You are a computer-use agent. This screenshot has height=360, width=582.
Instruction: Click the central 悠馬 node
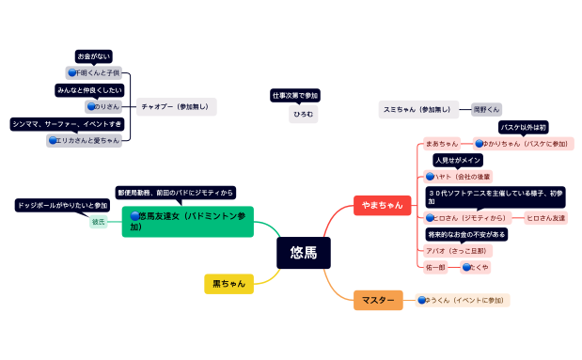pyautogui.click(x=304, y=252)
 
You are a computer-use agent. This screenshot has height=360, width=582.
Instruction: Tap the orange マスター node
pyautogui.click(x=378, y=301)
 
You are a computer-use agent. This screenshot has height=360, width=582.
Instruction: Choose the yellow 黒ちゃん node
pyautogui.click(x=228, y=283)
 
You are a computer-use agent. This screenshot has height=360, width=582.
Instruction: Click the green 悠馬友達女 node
pyautogui.click(x=188, y=221)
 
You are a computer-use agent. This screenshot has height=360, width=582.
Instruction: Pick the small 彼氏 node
pyautogui.click(x=99, y=222)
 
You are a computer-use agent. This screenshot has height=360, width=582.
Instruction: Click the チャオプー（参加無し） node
pyautogui.click(x=177, y=106)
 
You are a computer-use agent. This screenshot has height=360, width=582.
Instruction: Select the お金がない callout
pyautogui.click(x=94, y=56)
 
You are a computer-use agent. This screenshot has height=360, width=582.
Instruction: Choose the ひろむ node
pyautogui.click(x=303, y=114)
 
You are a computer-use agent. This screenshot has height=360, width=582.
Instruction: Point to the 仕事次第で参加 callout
pyautogui.click(x=295, y=96)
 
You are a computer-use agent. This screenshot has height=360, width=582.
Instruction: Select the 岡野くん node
pyautogui.click(x=486, y=109)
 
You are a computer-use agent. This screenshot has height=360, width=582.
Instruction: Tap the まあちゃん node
pyautogui.click(x=441, y=144)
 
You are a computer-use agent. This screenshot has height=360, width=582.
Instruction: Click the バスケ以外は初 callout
pyautogui.click(x=523, y=127)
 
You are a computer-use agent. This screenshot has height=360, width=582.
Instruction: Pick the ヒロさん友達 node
pyautogui.click(x=546, y=218)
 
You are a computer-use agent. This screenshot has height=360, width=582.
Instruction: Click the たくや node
pyautogui.click(x=476, y=267)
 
